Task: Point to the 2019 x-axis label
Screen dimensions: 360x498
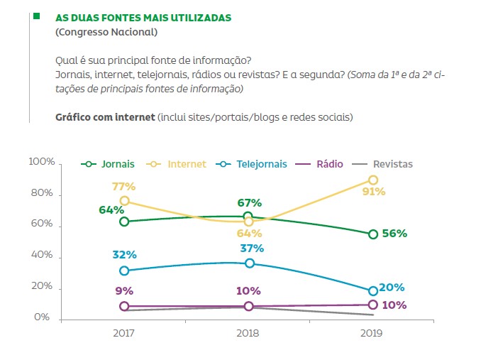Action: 372,332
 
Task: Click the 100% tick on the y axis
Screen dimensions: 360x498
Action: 41,163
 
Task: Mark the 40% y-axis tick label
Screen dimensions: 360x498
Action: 41,256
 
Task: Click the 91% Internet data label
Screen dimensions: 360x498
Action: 373,192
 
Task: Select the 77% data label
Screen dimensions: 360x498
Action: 123,187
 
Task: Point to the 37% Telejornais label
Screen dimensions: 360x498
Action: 252,249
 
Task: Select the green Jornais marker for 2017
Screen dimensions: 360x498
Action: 125,222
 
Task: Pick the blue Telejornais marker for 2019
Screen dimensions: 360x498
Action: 373,291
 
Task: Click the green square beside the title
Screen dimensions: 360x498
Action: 35,15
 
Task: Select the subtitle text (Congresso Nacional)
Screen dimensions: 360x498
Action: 106,32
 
